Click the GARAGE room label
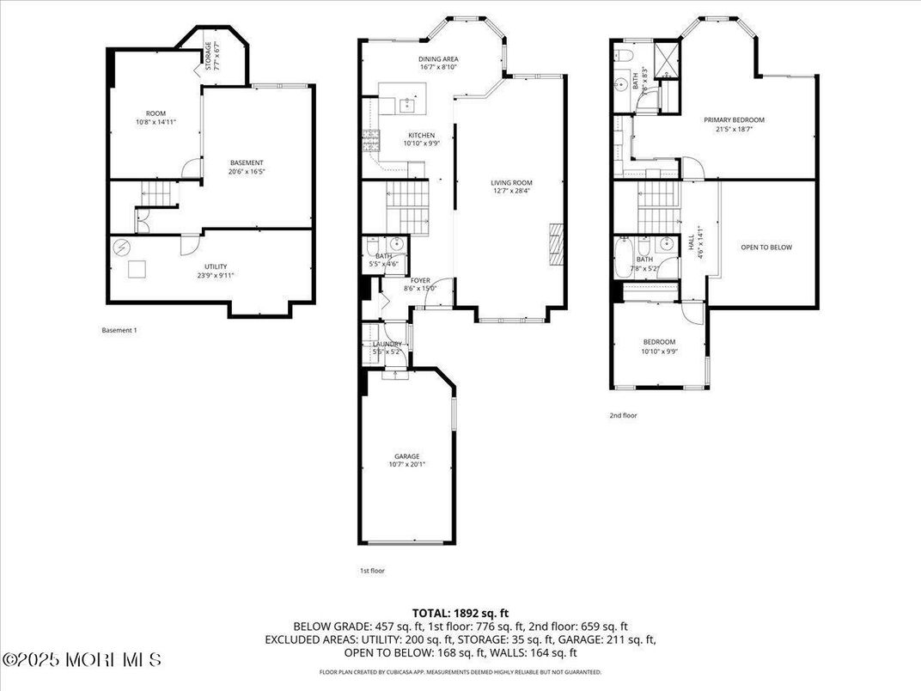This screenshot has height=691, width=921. [406, 456]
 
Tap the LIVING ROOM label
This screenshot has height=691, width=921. [511, 182]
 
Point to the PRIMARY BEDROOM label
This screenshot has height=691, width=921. [734, 120]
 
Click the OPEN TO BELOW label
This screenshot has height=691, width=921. [766, 248]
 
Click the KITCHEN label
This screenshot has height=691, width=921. [421, 135]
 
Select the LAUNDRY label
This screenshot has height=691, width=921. [387, 345]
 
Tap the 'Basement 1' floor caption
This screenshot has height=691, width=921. [119, 330]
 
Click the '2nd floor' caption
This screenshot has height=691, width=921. [624, 415]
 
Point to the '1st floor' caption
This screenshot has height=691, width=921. [373, 569]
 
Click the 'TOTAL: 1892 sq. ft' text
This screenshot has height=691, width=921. [460, 613]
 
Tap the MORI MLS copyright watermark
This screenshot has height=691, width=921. [82, 660]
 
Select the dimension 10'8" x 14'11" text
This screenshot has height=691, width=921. [156, 122]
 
